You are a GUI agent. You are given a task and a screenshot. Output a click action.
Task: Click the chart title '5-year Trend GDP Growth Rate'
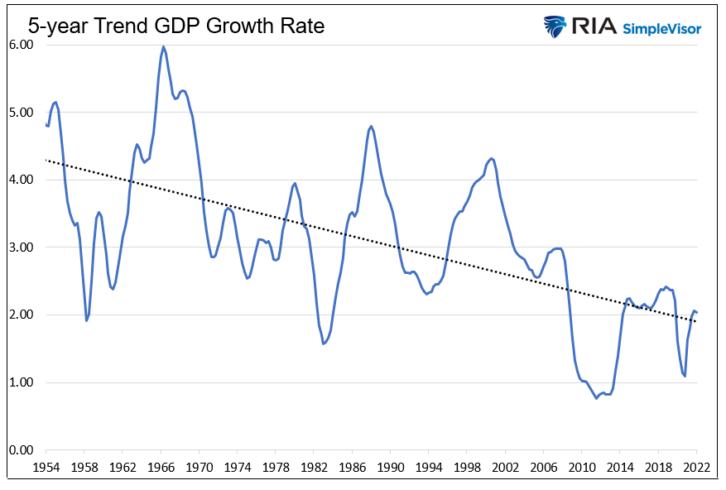pyautogui.click(x=176, y=26)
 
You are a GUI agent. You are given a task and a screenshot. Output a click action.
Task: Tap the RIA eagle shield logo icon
pyautogui.click(x=555, y=26)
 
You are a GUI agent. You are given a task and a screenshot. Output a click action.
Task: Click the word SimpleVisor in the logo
pyautogui.click(x=661, y=28)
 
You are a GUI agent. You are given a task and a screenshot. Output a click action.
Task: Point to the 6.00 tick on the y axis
pyautogui.click(x=20, y=45)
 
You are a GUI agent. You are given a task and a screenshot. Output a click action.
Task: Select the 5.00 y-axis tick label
pyautogui.click(x=20, y=113)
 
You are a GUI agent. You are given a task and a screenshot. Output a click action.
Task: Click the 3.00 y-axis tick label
pyautogui.click(x=20, y=247)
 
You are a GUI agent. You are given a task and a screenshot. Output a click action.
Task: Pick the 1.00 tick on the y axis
pyautogui.click(x=20, y=382)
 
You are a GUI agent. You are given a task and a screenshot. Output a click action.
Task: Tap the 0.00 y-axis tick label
pyautogui.click(x=20, y=450)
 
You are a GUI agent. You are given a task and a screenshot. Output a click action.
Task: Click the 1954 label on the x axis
pyautogui.click(x=46, y=468)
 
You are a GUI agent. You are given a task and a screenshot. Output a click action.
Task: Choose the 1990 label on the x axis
pyautogui.click(x=391, y=468)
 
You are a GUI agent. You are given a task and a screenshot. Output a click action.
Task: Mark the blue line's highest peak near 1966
pyautogui.click(x=163, y=47)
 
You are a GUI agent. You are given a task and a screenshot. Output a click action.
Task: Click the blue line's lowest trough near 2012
pyautogui.click(x=596, y=398)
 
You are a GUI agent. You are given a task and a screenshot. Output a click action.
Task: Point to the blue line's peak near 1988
pyautogui.click(x=371, y=126)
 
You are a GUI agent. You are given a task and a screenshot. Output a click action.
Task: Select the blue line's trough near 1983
pyautogui.click(x=323, y=343)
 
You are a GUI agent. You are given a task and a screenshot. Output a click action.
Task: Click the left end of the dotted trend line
pyautogui.click(x=46, y=160)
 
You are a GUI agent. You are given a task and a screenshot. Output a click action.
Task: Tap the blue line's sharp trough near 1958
pyautogui.click(x=86, y=320)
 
